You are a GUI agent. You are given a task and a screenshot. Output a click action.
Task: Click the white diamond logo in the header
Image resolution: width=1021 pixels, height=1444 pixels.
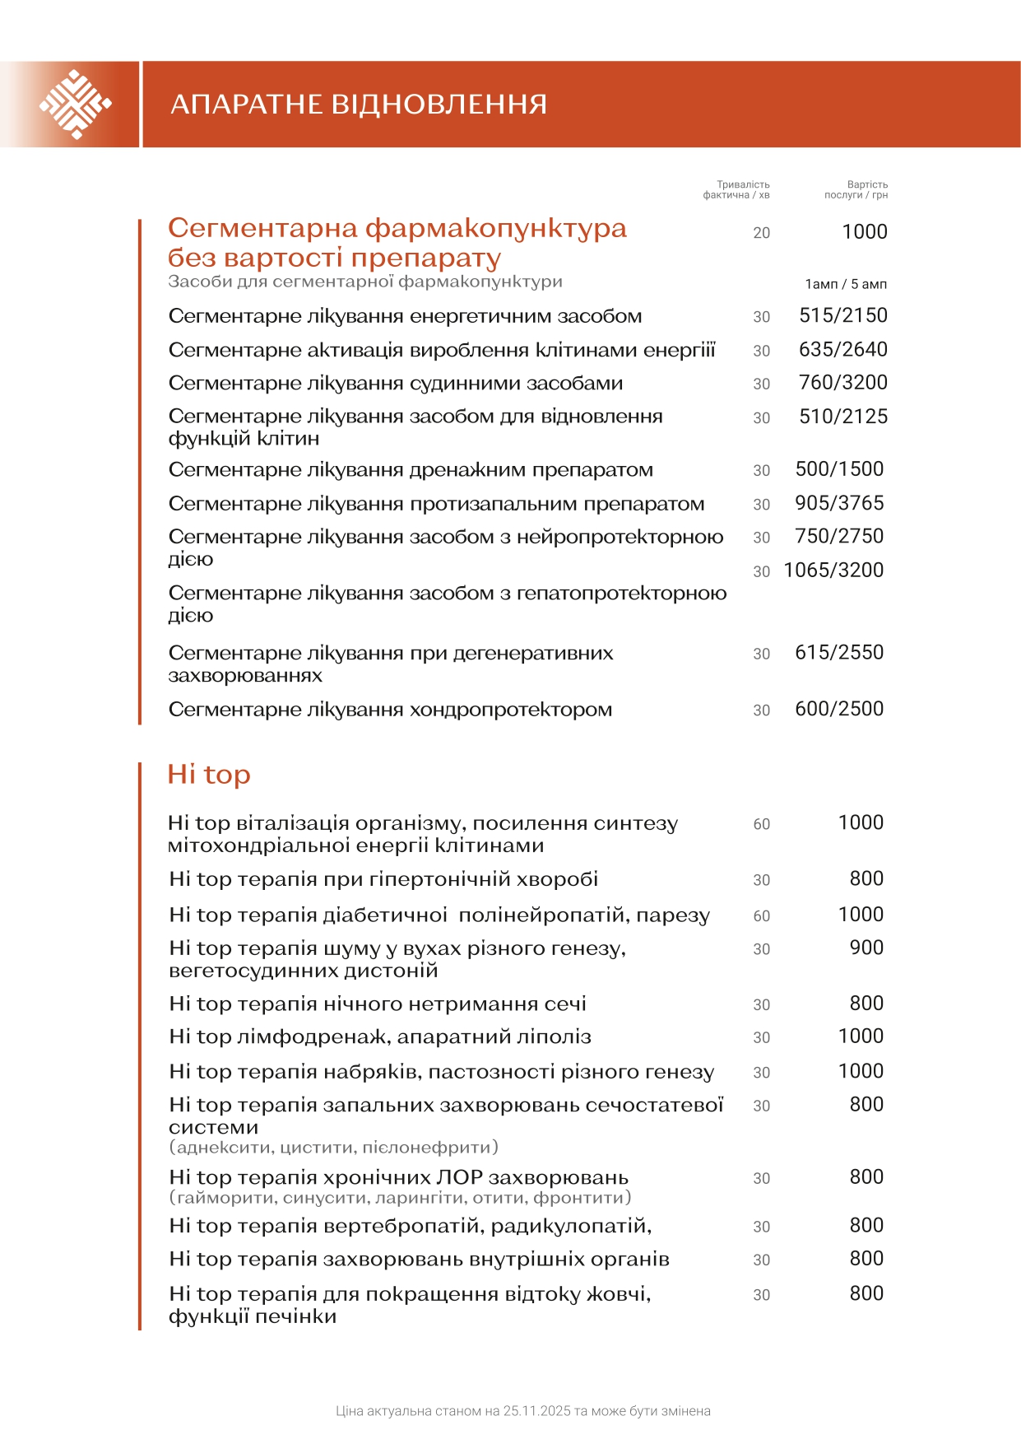[x=75, y=105]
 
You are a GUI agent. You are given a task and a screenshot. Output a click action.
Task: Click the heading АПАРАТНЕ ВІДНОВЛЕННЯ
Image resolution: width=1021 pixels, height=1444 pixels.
[x=359, y=105]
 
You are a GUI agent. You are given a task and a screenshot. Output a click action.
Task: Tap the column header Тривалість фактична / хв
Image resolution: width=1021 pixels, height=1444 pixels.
[x=736, y=190]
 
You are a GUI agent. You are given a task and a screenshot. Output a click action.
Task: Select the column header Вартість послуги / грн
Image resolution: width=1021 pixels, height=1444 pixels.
[x=856, y=190]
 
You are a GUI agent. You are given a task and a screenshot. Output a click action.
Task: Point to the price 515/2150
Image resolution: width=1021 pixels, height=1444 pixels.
[x=843, y=315]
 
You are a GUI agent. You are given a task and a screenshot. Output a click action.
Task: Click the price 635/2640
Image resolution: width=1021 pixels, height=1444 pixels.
[x=843, y=349]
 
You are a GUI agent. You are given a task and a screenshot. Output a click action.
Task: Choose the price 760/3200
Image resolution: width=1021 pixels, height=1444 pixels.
[x=843, y=383]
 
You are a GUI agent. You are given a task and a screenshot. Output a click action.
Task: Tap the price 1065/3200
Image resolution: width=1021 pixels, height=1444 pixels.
[x=833, y=571]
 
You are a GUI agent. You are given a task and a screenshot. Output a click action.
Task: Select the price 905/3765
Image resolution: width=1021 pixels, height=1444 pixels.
[x=839, y=503]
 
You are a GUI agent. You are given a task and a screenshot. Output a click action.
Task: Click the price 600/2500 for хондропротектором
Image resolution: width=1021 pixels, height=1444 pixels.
[x=839, y=709]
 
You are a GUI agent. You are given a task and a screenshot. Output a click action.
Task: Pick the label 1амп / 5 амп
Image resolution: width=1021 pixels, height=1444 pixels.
[x=846, y=284]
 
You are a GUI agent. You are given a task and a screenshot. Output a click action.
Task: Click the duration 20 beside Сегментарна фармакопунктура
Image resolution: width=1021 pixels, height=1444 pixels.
[x=762, y=233]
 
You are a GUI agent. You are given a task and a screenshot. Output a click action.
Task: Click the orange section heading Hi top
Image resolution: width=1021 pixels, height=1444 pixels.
[x=209, y=775]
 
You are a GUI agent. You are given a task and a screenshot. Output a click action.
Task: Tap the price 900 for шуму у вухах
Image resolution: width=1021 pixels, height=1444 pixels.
[x=866, y=948]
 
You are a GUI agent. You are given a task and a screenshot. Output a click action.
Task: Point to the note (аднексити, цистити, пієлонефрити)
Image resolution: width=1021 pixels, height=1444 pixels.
[x=334, y=1147]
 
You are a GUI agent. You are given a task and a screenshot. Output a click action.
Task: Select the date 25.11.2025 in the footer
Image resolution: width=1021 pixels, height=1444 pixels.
[x=537, y=1411]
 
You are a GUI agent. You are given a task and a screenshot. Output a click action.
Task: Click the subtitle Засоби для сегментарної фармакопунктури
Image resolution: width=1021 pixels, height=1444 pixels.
[x=365, y=282]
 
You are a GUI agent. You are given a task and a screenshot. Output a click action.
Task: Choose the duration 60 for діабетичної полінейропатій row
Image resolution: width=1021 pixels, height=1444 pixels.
[x=762, y=915]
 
